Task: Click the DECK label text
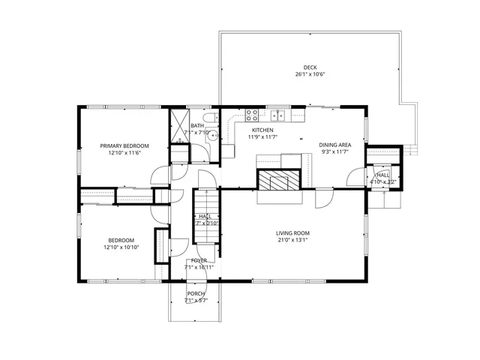coord(310,67)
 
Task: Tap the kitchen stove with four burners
coord(253,115)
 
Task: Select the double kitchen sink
coord(278,115)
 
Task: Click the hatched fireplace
coord(279,179)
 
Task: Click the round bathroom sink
coord(212,136)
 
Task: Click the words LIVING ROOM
coord(292,233)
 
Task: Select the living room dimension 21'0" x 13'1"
coord(292,241)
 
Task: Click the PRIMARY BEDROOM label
coord(124,145)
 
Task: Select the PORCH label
coord(196,293)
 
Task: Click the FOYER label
coord(199,260)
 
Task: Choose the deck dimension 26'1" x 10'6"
coord(310,75)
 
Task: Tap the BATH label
coord(196,126)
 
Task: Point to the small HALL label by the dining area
coord(382,174)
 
